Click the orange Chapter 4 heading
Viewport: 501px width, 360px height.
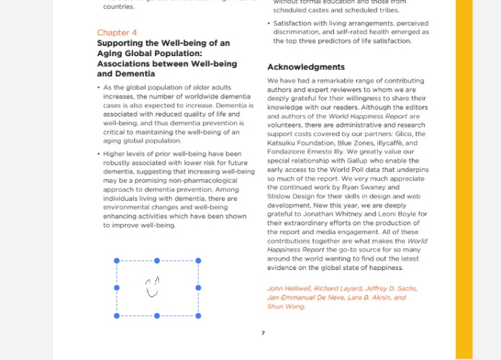tap(117, 32)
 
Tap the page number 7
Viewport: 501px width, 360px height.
tap(263, 333)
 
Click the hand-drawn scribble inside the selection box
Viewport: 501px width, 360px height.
tap(152, 287)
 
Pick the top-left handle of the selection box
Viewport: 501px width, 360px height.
tap(117, 261)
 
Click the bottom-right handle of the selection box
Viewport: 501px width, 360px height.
tap(198, 315)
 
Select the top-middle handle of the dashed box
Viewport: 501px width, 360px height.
tap(157, 261)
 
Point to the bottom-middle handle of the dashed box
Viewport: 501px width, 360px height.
tap(157, 315)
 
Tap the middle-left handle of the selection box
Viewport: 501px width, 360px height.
tap(117, 288)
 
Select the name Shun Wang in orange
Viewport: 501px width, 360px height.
tap(286, 307)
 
